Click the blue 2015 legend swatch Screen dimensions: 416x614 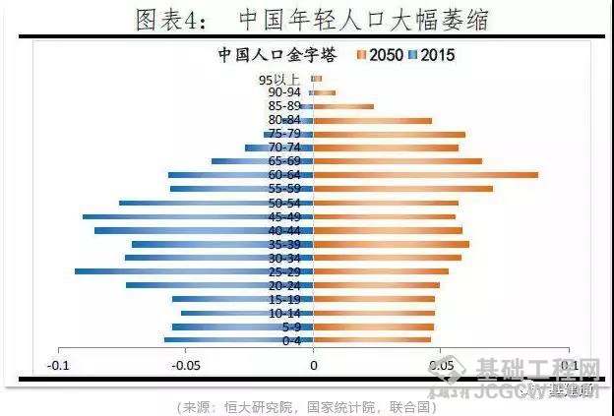pos(413,55)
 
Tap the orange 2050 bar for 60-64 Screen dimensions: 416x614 pos(425,175)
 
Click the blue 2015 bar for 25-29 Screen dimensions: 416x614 pos(194,271)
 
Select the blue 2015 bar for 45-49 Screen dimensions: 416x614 pos(198,216)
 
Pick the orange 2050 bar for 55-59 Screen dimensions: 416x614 pos(402,189)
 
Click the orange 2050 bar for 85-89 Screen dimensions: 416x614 pos(343,106)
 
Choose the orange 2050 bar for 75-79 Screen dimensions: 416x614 pos(389,134)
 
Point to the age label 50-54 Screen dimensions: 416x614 pos(284,203)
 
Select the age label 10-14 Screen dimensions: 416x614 pos(284,313)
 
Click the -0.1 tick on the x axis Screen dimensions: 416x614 pos(58,366)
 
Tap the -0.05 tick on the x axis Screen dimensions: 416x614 pos(185,366)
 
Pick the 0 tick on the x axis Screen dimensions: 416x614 pos(314,366)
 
